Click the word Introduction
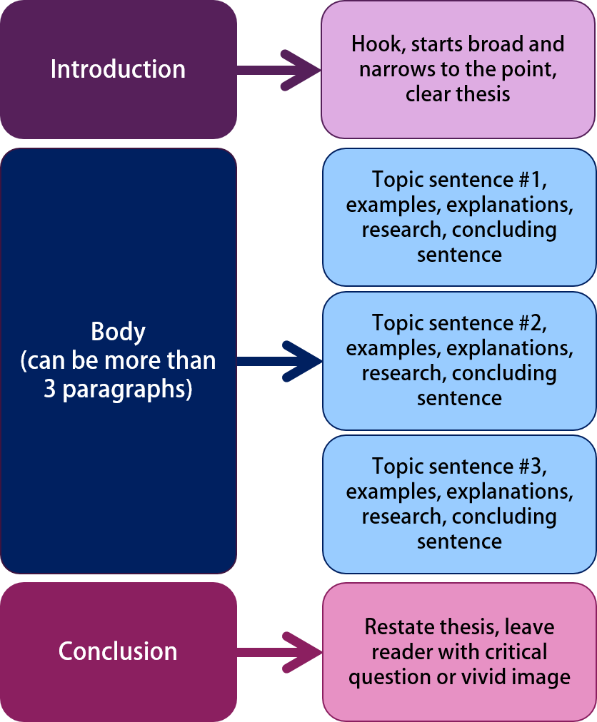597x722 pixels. coord(118,69)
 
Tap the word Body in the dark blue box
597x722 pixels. coord(118,332)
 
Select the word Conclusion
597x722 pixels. coord(118,651)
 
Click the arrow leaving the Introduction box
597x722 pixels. coord(279,69)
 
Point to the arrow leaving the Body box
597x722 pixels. coord(279,360)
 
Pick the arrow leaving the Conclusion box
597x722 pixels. coord(279,651)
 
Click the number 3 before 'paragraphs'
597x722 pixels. coord(49,390)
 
